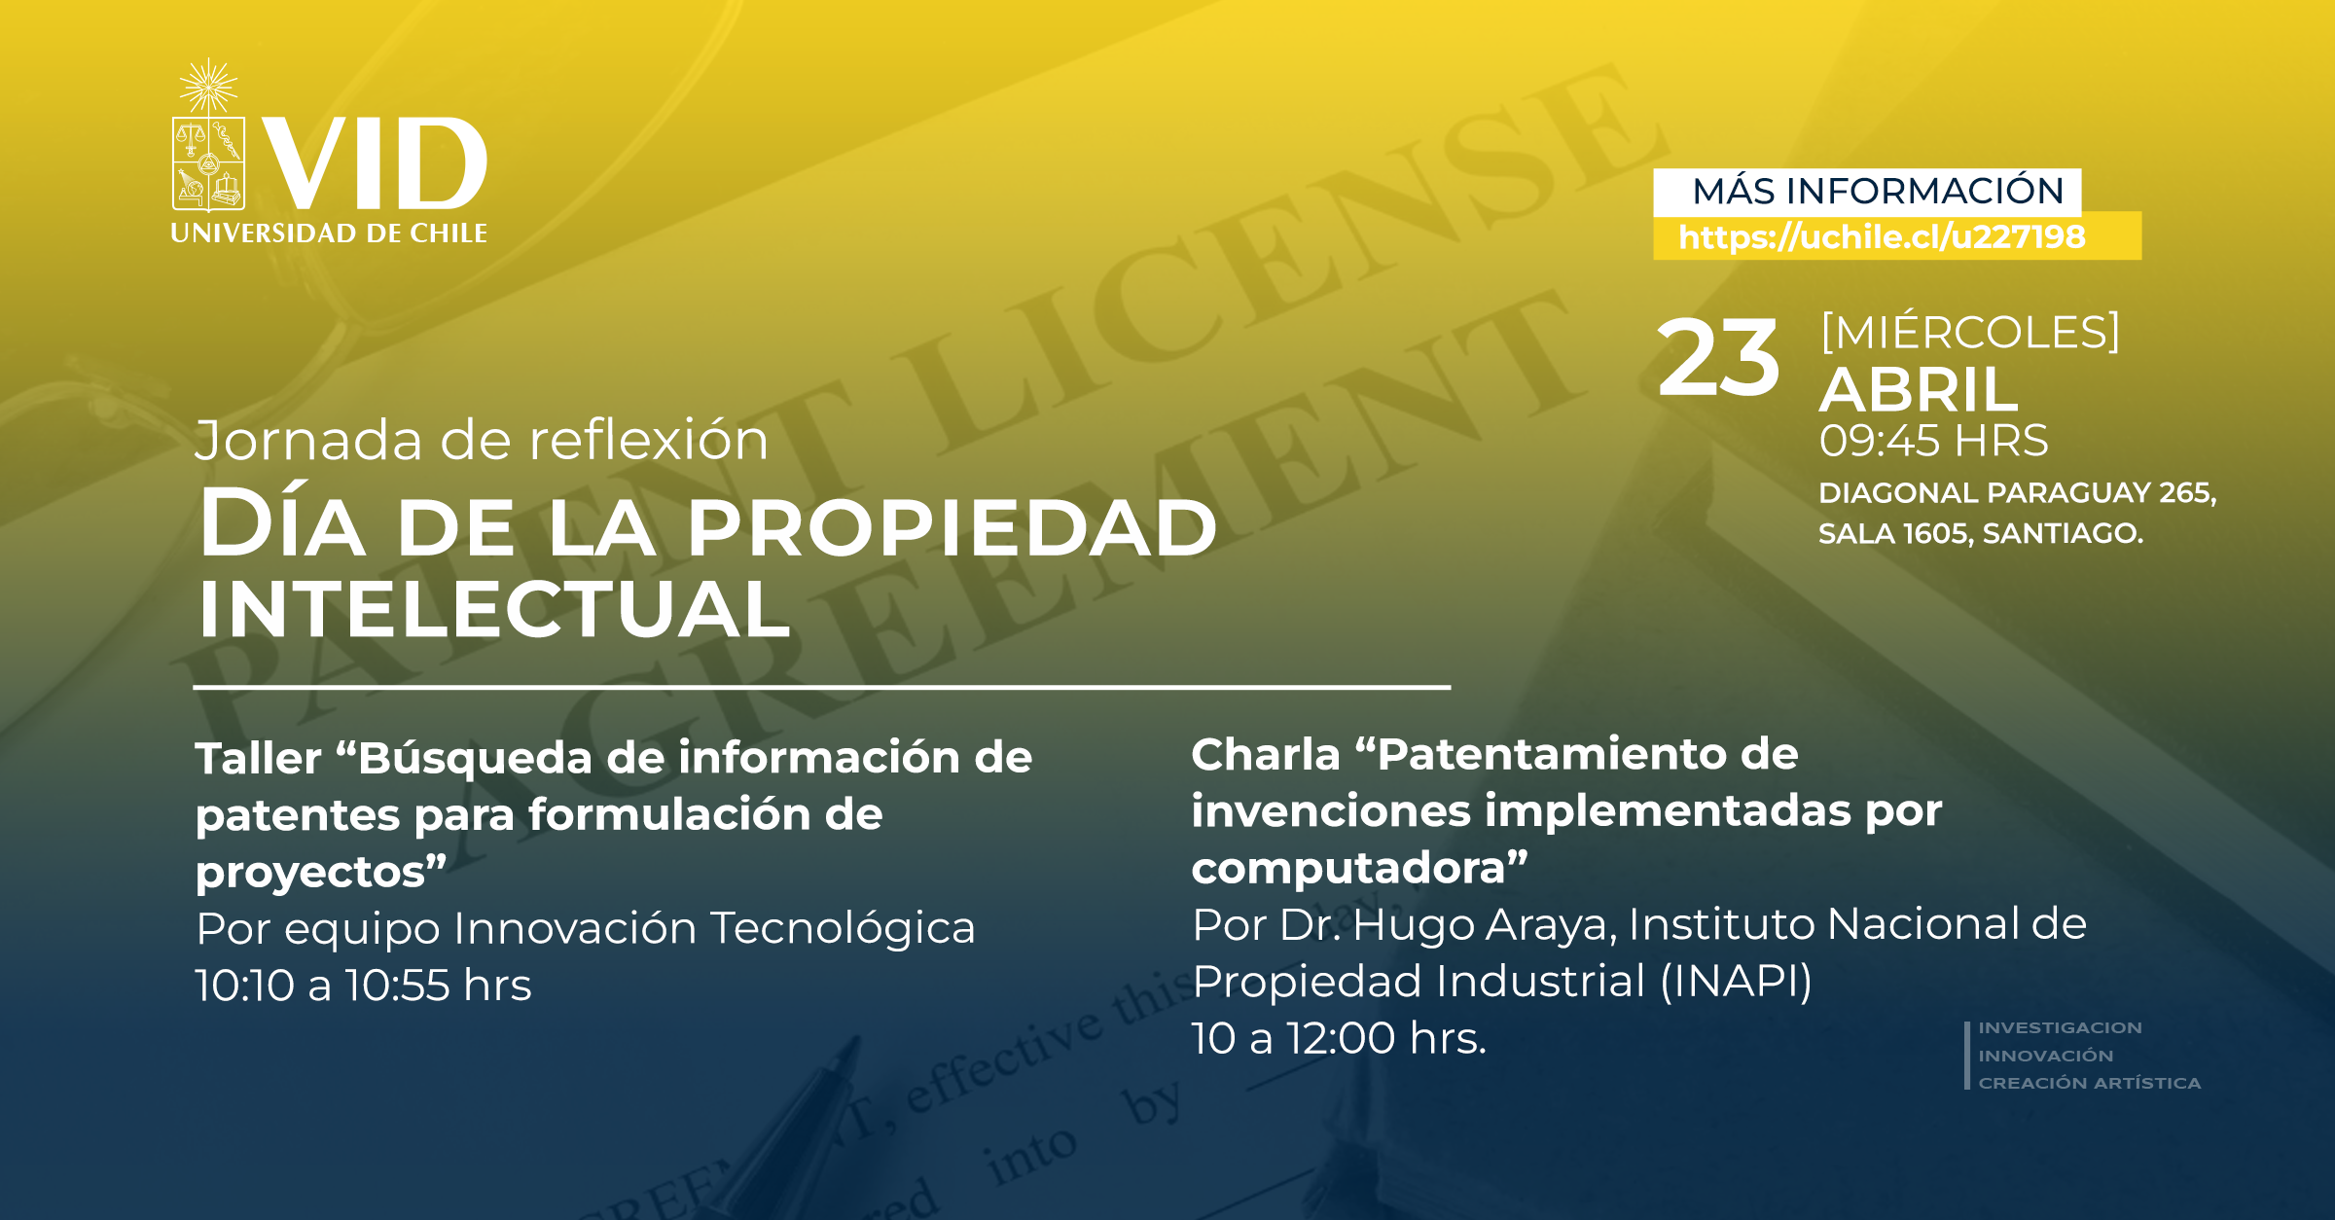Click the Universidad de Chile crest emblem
208,136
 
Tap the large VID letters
375,163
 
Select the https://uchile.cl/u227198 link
1882,237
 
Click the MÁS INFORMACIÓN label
1878,191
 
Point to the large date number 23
1718,358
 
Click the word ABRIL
1919,390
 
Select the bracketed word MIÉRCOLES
1970,332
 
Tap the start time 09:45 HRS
1934,441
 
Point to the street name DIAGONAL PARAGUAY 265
2016,492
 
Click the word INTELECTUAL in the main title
494,609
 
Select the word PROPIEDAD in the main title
952,528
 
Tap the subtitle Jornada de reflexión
482,440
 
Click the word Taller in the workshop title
258,758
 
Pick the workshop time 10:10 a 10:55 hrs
363,986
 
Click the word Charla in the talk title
1266,754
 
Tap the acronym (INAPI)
1736,981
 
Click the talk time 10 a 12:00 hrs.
1339,1038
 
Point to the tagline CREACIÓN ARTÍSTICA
2089,1083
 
